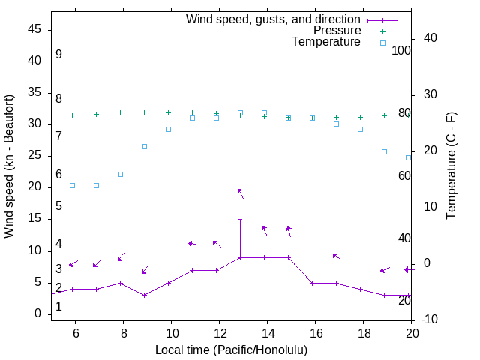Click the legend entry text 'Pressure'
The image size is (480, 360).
click(x=337, y=31)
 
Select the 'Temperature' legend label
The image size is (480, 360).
click(x=326, y=42)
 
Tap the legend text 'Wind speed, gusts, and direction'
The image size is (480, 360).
click(x=274, y=19)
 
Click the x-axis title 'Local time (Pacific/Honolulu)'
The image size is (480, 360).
click(x=231, y=349)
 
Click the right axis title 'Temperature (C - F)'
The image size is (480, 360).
click(x=451, y=166)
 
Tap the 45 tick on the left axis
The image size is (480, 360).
click(x=35, y=30)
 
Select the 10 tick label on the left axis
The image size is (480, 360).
click(x=35, y=250)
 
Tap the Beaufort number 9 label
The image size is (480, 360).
click(x=58, y=55)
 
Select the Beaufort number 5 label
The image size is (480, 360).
click(x=58, y=205)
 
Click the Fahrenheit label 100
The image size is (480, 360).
click(x=402, y=51)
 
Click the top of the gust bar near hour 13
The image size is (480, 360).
click(x=240, y=220)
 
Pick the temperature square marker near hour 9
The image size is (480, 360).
click(x=144, y=146)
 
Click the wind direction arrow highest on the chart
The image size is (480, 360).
click(x=241, y=193)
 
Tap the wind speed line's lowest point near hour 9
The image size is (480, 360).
click(x=144, y=295)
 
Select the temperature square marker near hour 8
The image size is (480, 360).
click(x=120, y=174)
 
